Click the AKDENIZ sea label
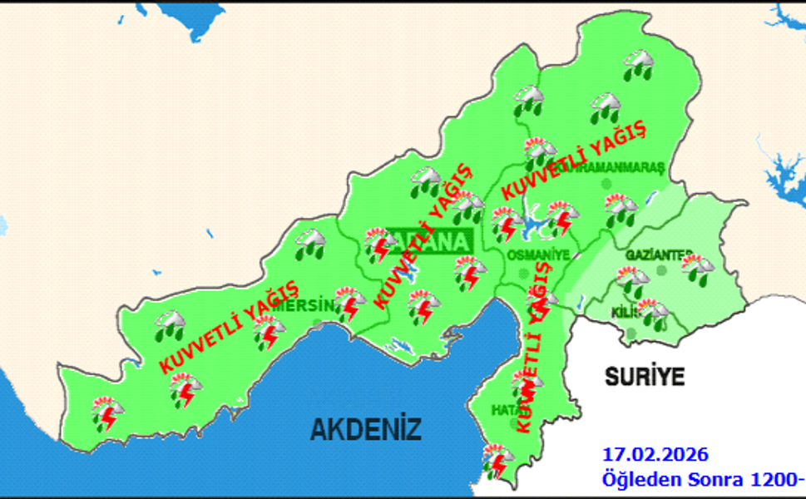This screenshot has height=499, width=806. (365, 429)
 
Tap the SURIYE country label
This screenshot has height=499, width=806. (645, 377)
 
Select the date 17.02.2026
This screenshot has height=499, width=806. (655, 454)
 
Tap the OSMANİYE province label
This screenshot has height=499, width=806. (537, 254)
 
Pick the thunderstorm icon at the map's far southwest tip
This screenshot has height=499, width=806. (106, 413)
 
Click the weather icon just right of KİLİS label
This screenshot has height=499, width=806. (653, 314)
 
